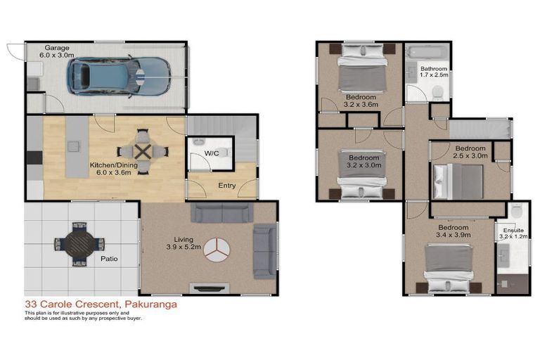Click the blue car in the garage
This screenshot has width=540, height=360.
click(x=119, y=77)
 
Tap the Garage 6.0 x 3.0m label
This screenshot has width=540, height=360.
click(x=57, y=51)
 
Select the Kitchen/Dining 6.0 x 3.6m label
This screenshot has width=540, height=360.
click(x=114, y=169)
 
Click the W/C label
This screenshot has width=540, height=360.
click(x=212, y=153)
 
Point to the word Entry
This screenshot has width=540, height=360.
click(x=227, y=186)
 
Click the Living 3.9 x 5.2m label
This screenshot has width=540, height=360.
click(x=184, y=243)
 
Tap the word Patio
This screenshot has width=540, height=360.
click(x=109, y=258)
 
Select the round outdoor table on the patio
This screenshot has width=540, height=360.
click(x=80, y=244)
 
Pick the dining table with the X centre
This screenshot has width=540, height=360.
click(x=143, y=152)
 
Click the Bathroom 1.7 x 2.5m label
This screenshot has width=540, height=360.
click(x=434, y=71)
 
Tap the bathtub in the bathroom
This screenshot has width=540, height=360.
click(x=427, y=53)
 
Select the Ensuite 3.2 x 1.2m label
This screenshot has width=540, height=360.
click(x=513, y=233)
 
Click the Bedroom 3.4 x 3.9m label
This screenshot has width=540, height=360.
click(x=454, y=231)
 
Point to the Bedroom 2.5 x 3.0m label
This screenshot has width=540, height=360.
click(x=470, y=152)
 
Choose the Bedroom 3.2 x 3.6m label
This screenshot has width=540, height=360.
click(x=361, y=101)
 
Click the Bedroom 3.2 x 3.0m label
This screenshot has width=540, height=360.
click(x=364, y=161)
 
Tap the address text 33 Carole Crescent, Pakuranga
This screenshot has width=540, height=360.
click(x=101, y=304)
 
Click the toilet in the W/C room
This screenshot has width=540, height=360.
click(x=224, y=152)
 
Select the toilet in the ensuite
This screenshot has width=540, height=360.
click(x=516, y=210)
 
